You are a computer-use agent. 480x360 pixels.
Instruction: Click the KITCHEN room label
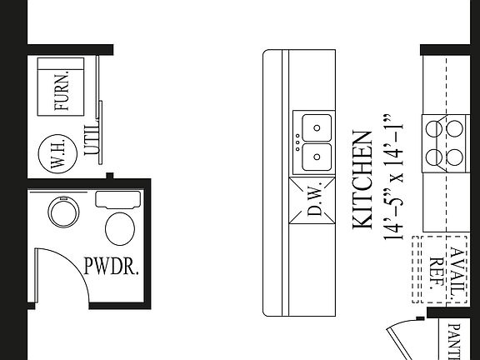(362, 179)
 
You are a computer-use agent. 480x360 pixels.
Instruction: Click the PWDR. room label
(112, 267)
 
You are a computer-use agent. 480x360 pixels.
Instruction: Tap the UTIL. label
(92, 138)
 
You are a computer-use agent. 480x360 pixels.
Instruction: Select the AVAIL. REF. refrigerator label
(445, 268)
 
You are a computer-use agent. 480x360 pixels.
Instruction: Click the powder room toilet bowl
(121, 227)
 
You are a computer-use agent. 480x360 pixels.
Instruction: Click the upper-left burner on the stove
(434, 129)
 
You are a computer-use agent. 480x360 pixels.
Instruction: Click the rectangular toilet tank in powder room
(116, 199)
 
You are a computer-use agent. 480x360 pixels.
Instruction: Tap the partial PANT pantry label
(455, 341)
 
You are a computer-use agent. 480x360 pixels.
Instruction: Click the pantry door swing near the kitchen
(408, 337)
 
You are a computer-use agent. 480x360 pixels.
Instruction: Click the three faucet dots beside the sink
(296, 142)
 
